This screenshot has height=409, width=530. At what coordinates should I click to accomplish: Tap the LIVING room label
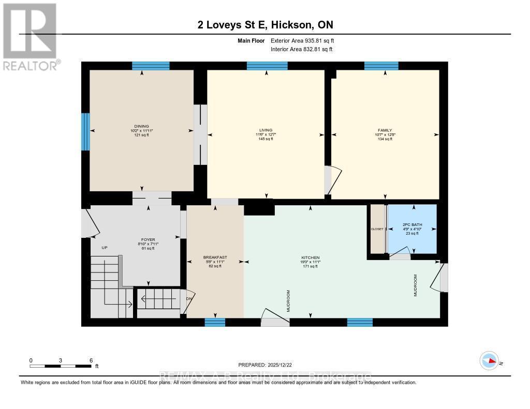point(266,130)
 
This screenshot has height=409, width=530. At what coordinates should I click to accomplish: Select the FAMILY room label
point(385,130)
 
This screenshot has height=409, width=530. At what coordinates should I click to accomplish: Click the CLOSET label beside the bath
point(377,229)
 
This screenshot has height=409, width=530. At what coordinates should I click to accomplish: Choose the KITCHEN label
point(311,257)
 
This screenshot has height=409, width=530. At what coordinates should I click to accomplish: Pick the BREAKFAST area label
point(215,257)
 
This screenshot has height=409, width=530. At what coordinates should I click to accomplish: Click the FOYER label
point(149,240)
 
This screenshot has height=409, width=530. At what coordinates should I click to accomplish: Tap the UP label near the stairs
point(104,248)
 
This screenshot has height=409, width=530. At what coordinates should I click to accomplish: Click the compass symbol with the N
point(489,360)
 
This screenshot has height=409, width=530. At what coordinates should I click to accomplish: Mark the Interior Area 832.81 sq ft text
point(302,50)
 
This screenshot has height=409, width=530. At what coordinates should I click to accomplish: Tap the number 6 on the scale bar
point(91,360)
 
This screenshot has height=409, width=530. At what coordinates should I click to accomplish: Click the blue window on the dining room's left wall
point(85,132)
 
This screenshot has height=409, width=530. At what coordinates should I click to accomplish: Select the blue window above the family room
point(381,66)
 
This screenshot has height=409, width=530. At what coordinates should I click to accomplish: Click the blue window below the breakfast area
point(215,323)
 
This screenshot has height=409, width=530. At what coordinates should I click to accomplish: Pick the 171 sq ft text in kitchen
point(311,266)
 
